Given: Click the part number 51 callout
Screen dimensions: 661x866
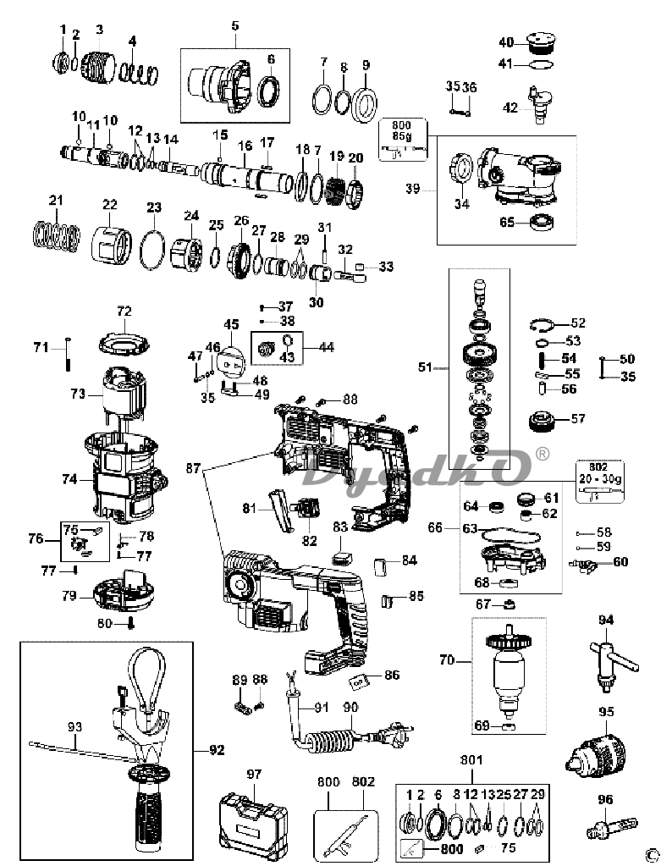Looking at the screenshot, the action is tap(424, 367).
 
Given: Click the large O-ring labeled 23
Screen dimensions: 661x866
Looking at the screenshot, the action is tap(153, 251).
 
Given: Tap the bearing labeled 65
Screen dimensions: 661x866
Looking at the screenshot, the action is tap(542, 222).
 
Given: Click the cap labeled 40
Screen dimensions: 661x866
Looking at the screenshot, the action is tap(541, 42).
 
